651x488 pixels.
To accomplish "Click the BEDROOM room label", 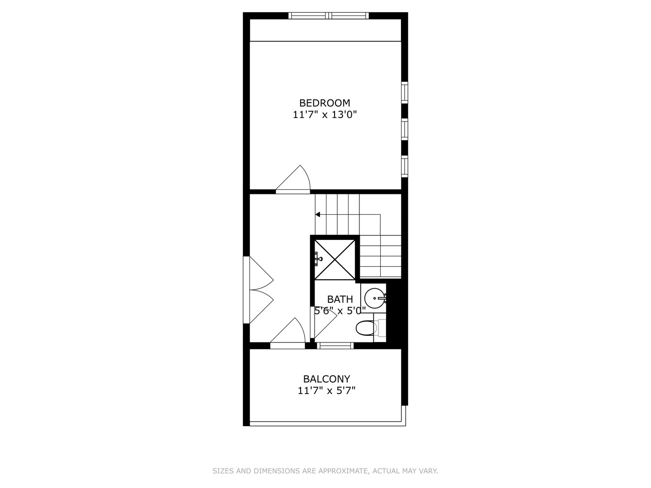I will click(x=325, y=103).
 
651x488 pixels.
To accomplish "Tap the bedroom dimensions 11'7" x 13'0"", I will click(x=325, y=115).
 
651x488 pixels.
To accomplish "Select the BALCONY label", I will click(x=326, y=379).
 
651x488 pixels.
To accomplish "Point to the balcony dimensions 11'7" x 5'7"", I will click(x=326, y=390).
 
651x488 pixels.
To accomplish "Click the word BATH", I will click(x=340, y=299).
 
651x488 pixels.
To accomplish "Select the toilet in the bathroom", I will click(x=365, y=328).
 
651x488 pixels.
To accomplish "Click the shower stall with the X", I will click(x=335, y=260).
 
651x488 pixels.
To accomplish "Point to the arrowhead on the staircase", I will click(x=318, y=214).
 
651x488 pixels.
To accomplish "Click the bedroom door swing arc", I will click(x=296, y=179).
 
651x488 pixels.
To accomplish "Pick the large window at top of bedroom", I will click(x=329, y=16).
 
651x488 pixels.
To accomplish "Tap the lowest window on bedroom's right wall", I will click(x=405, y=165).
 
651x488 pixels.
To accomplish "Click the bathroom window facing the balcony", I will click(x=335, y=346).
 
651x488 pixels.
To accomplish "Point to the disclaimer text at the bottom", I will click(x=325, y=471).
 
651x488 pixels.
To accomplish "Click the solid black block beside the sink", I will click(x=394, y=312).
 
